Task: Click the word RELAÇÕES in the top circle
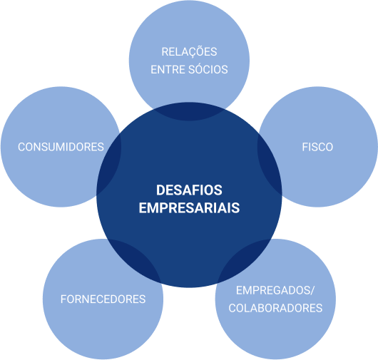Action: (189, 52)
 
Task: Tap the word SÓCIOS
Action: (208, 69)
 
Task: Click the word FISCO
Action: (317, 147)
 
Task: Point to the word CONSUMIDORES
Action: (61, 147)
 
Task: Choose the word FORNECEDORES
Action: (103, 299)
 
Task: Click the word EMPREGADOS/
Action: (275, 290)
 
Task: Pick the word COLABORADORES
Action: (275, 308)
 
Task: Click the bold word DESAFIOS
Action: (189, 190)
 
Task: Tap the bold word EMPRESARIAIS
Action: (189, 208)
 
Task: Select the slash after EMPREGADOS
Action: (312, 290)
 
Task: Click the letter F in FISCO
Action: (305, 147)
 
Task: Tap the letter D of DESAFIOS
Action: (160, 190)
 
